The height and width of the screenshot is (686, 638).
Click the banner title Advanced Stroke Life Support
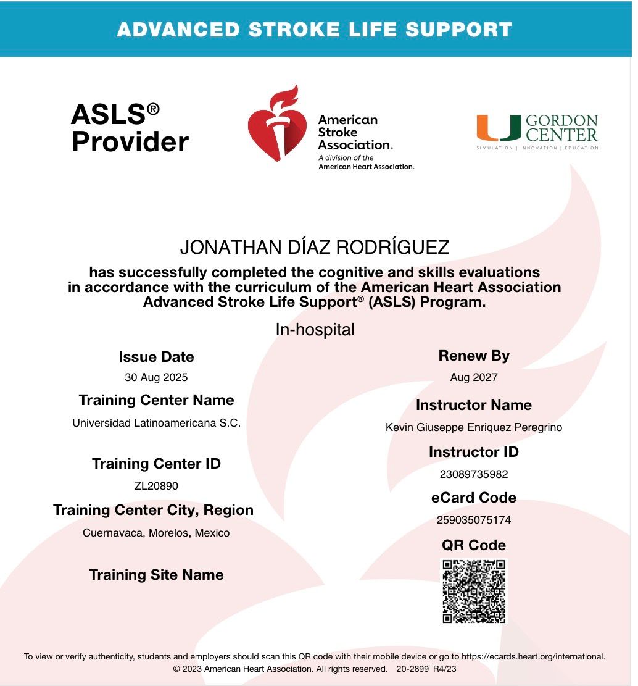(x=314, y=29)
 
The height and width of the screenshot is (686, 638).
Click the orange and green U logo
(x=498, y=128)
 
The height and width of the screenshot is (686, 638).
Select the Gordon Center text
(x=561, y=128)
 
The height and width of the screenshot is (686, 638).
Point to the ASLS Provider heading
(x=129, y=128)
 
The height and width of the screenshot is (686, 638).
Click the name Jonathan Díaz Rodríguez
(x=314, y=248)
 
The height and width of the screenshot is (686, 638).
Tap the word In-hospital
(x=315, y=330)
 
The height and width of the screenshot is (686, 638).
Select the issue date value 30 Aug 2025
(x=156, y=377)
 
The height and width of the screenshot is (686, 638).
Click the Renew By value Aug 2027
(x=473, y=377)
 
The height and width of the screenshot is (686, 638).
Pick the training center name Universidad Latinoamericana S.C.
(x=156, y=424)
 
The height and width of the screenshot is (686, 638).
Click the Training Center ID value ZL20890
(x=156, y=486)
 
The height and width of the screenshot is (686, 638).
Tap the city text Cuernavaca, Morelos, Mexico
(x=156, y=533)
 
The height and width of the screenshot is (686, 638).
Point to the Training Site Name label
(x=156, y=575)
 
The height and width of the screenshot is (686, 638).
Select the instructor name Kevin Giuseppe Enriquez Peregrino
(x=473, y=427)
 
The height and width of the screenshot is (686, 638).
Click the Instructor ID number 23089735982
(x=473, y=474)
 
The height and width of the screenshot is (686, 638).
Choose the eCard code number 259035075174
(x=473, y=520)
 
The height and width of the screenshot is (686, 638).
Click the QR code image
(x=474, y=591)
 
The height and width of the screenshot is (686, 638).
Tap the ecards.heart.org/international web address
(x=532, y=657)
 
